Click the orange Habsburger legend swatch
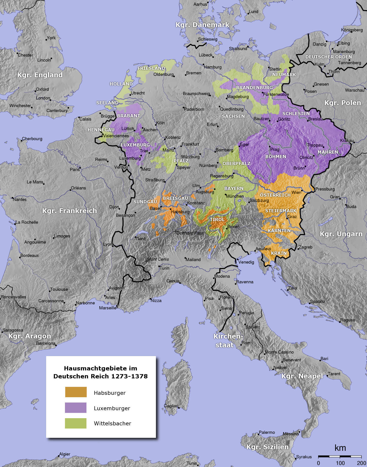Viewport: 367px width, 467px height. [76, 392]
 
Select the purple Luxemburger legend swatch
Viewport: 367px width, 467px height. [76, 408]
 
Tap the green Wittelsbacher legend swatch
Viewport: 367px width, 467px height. [76, 423]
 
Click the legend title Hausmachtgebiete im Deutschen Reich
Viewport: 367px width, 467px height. [101, 372]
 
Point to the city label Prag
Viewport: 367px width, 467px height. [275, 149]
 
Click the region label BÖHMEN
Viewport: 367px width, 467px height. [276, 157]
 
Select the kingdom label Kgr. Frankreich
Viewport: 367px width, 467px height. [69, 211]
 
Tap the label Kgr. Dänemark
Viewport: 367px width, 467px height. [202, 25]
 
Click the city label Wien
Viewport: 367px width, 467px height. [296, 192]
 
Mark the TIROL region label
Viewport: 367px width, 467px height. [217, 219]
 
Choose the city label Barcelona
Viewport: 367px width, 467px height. [46, 343]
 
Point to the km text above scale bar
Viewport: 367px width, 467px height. [340, 448]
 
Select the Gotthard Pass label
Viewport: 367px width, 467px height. [190, 233]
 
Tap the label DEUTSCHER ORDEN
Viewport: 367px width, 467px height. [329, 57]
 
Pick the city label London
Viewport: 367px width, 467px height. [43, 98]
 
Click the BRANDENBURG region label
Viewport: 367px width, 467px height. [254, 88]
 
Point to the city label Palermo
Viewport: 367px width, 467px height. [267, 432]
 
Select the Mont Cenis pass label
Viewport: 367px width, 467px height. [158, 259]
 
